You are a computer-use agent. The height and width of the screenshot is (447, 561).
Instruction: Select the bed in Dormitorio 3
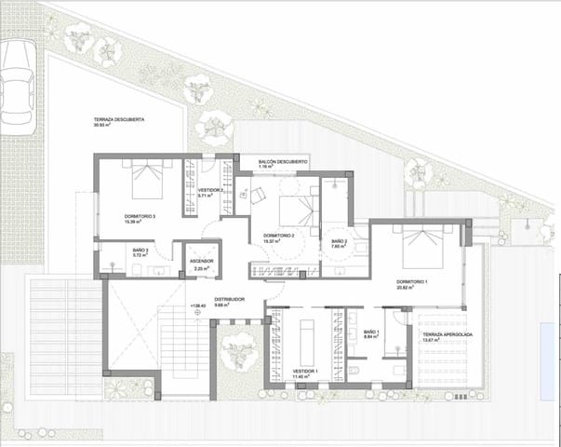click(x=147, y=178)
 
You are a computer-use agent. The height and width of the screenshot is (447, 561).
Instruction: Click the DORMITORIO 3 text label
click(x=140, y=218)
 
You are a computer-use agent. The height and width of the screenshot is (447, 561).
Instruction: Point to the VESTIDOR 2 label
click(x=211, y=192)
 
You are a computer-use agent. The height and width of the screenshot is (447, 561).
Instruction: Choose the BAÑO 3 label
click(x=114, y=252)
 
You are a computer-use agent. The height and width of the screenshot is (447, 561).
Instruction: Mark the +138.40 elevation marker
click(x=197, y=306)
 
